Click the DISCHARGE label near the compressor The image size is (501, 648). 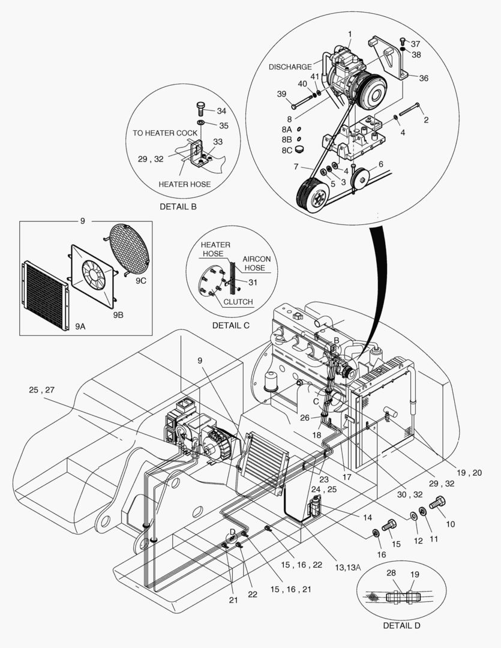[290, 67]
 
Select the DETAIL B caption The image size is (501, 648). [178, 206]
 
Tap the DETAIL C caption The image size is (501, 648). [231, 325]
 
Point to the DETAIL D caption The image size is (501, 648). [401, 625]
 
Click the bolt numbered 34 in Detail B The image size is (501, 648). [201, 110]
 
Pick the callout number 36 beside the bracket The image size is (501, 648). [424, 78]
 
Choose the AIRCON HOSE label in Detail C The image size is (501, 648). [257, 263]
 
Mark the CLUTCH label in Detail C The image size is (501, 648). [238, 302]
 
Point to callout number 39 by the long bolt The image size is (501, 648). [282, 94]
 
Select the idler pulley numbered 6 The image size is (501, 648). [361, 179]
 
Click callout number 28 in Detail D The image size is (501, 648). [391, 574]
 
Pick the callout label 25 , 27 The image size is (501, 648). [42, 391]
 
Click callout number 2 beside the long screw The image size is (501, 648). [425, 119]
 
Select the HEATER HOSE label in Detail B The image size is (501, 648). [184, 184]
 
